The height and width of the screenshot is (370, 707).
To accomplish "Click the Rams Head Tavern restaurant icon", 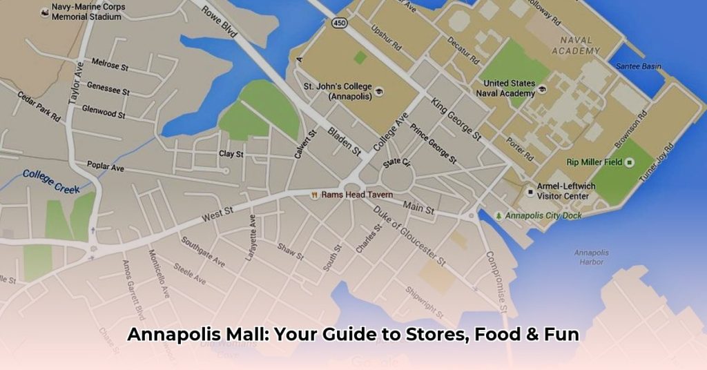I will tap(314, 195).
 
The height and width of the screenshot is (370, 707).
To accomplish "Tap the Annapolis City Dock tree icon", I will tap(499, 215).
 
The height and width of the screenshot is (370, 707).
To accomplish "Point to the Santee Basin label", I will tap(639, 66).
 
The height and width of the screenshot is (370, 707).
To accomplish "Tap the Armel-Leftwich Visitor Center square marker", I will tap(530, 191).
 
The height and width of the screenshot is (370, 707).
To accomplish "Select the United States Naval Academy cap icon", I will tap(542, 88).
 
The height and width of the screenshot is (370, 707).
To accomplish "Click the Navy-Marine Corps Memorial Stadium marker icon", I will tap(44, 12).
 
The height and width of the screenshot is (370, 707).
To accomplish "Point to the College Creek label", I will tap(51, 181).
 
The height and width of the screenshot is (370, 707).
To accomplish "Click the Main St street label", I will tap(419, 205).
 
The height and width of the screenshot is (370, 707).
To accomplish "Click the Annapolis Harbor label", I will tap(592, 257).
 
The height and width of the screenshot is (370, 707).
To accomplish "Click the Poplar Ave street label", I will tap(105, 166).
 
